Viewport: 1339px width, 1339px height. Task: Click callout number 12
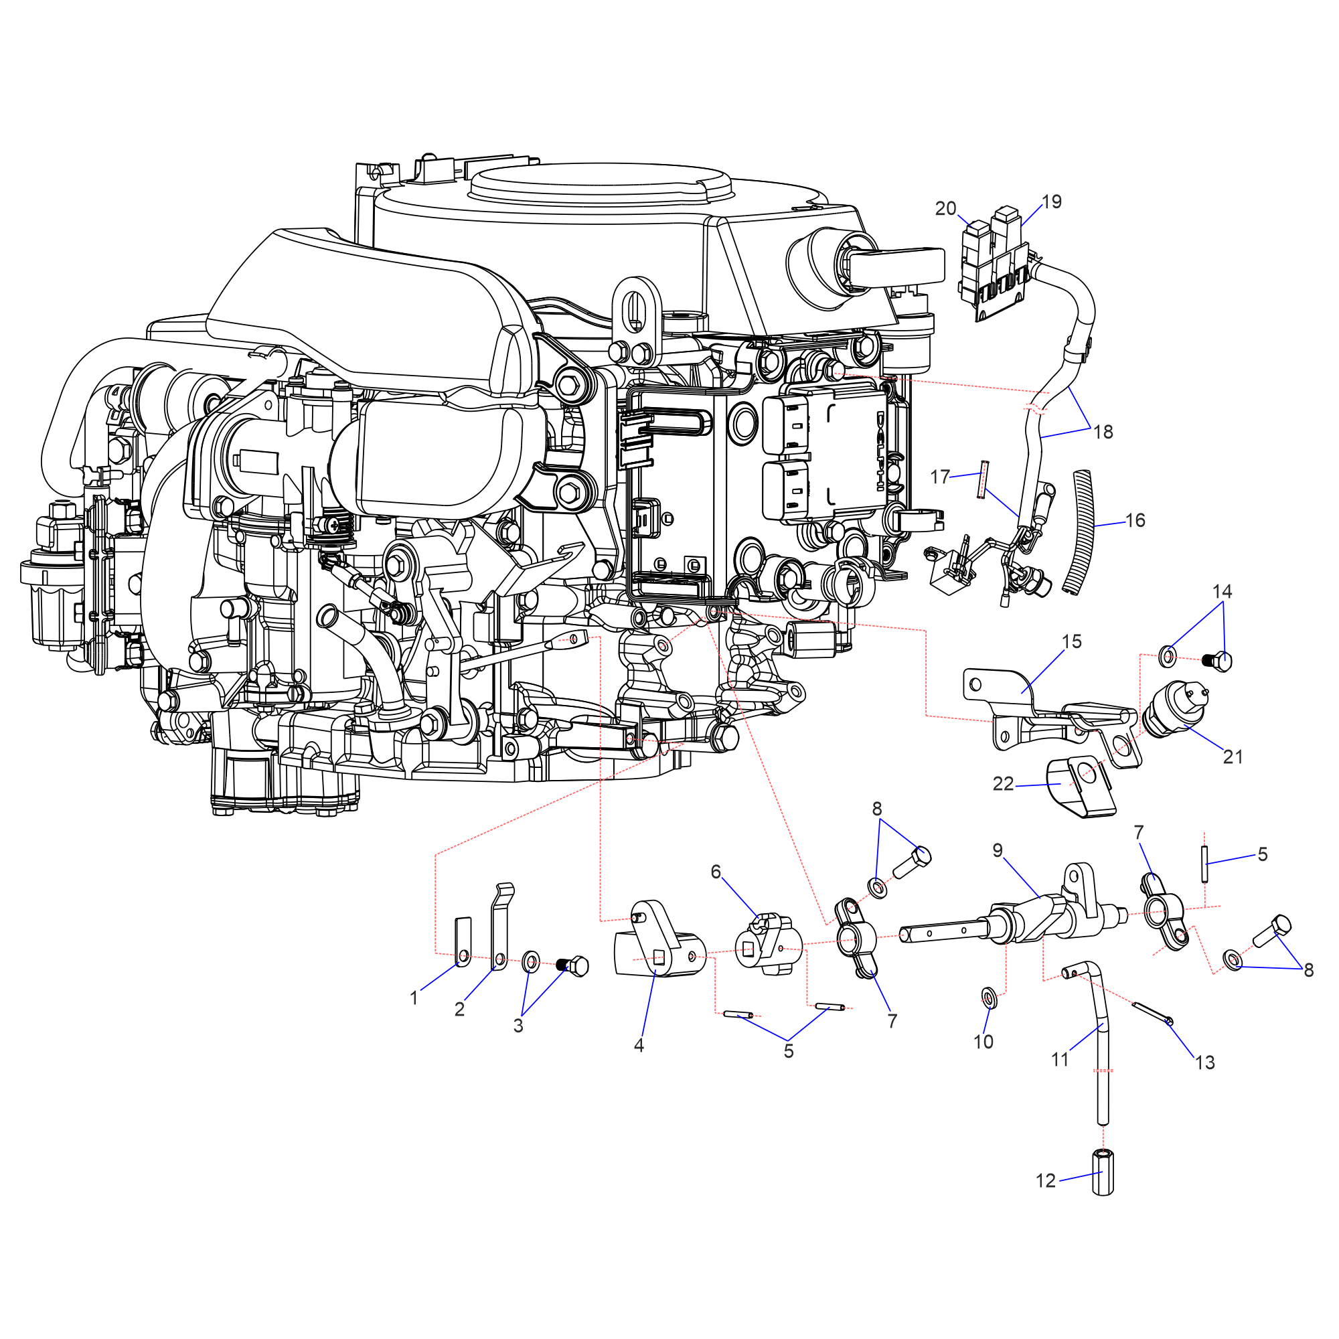pyautogui.click(x=1045, y=1181)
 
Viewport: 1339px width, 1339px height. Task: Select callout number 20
pyautogui.click(x=945, y=209)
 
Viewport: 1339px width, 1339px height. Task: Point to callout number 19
pyautogui.click(x=1051, y=202)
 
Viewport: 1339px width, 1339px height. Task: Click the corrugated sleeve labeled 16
pyautogui.click(x=1079, y=532)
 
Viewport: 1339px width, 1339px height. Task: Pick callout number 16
pyautogui.click(x=1135, y=520)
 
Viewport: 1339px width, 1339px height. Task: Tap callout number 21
pyautogui.click(x=1233, y=757)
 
